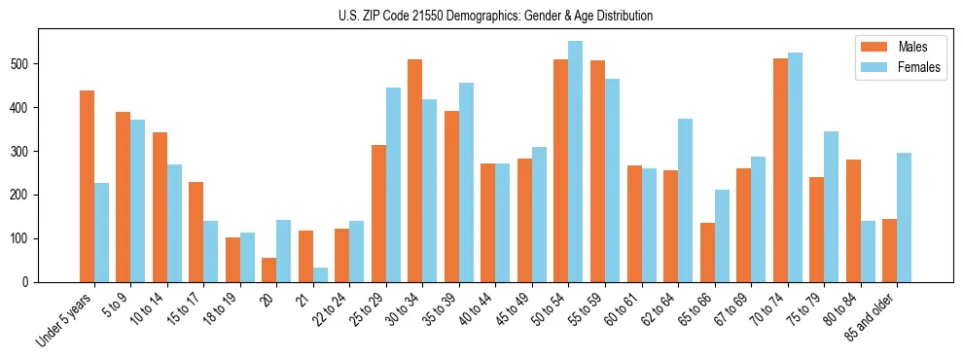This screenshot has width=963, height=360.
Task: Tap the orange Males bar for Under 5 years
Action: click(88, 186)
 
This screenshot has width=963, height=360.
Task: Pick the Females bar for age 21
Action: click(321, 274)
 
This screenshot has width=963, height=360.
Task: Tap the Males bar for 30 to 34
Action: click(415, 170)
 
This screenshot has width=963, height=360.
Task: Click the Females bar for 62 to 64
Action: click(686, 200)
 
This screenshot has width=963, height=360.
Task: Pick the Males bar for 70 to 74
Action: click(780, 170)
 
